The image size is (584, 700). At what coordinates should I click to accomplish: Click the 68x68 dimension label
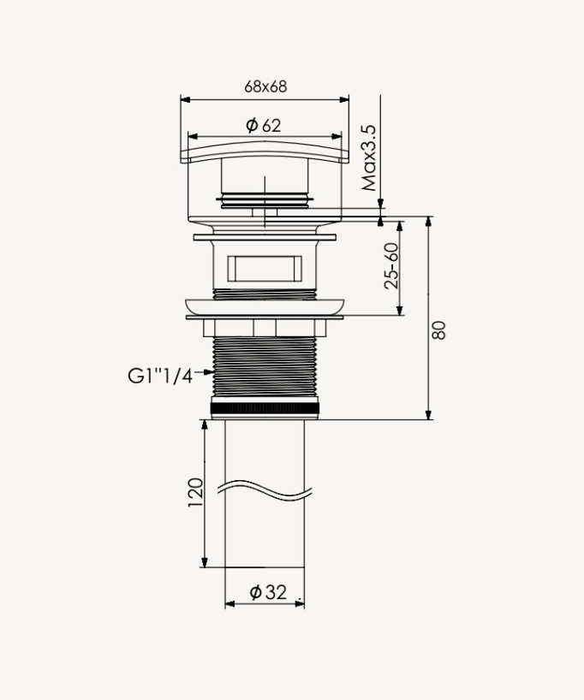[x=265, y=86]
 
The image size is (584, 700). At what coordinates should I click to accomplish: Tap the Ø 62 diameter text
[x=264, y=126]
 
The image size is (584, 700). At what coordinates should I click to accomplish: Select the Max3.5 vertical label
[x=369, y=158]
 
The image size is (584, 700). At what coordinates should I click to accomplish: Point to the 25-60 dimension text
[x=391, y=266]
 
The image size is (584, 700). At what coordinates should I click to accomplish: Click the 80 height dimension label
[x=439, y=330]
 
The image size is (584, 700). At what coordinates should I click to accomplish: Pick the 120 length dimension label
[x=195, y=493]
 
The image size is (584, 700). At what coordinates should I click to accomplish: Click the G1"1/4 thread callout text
[x=160, y=375]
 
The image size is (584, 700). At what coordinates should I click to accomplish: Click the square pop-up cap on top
[x=264, y=152]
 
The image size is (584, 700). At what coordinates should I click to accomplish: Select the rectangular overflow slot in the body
[x=265, y=267]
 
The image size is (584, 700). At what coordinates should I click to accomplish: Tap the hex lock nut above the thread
[x=265, y=329]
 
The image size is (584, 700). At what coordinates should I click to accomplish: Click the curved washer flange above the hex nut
[x=265, y=306]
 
